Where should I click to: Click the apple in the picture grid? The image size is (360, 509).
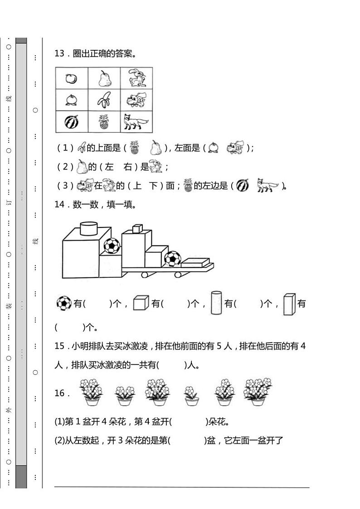pyautogui.click(x=71, y=79)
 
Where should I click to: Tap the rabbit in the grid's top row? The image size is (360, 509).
pyautogui.click(x=136, y=78)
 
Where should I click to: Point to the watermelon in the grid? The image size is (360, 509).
pyautogui.click(x=71, y=122)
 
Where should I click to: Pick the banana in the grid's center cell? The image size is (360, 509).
pyautogui.click(x=105, y=100)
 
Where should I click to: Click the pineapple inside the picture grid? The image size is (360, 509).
pyautogui.click(x=104, y=122)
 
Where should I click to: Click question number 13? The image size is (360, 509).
pyautogui.click(x=60, y=54)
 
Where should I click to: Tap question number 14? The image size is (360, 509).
pyautogui.click(x=60, y=204)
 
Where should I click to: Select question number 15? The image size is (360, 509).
pyautogui.click(x=60, y=346)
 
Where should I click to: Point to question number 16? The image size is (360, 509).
pyautogui.click(x=60, y=393)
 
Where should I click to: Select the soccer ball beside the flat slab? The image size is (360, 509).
pyautogui.click(x=172, y=259)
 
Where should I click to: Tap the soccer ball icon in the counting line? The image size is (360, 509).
pyautogui.click(x=63, y=303)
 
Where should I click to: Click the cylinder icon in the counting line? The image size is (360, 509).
pyautogui.click(x=216, y=303)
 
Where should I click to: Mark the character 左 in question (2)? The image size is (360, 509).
pyautogui.click(x=109, y=167)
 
